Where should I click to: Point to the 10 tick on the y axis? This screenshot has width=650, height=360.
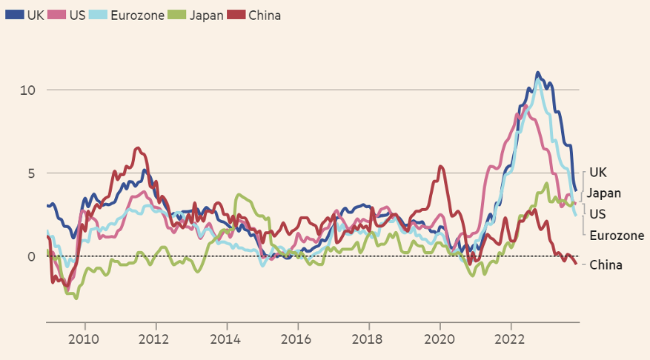[28, 90]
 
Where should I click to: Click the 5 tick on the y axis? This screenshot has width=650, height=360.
[32, 173]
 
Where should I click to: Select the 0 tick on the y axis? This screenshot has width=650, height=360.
[32, 256]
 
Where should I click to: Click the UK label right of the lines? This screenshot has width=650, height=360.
[598, 173]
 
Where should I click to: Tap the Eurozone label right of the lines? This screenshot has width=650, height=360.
[617, 236]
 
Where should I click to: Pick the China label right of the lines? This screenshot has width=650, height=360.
[606, 264]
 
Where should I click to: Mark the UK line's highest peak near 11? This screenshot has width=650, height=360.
[538, 73]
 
